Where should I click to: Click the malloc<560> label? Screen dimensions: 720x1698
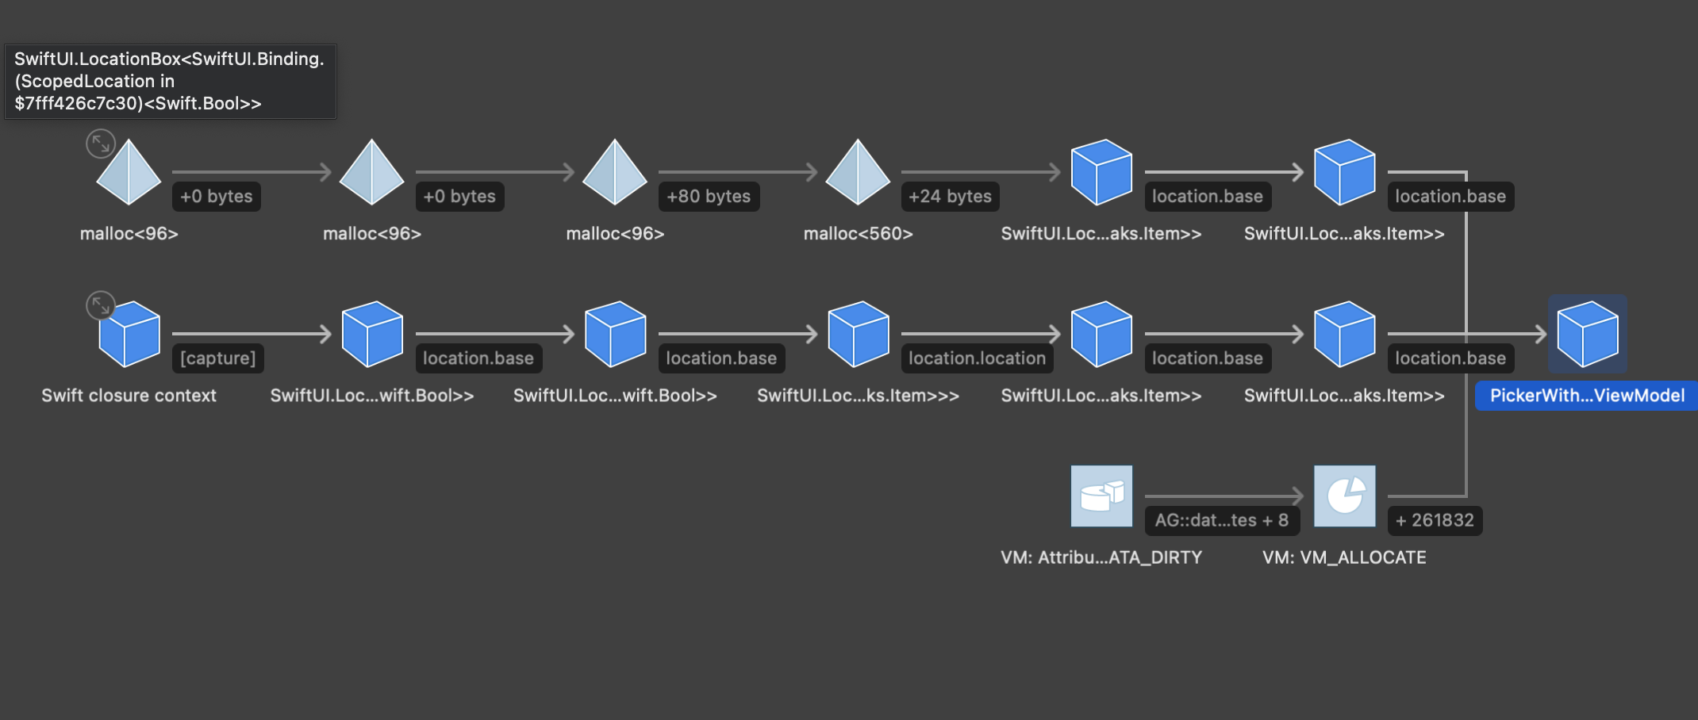[x=858, y=234]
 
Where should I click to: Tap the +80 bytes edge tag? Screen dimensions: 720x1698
[x=709, y=197]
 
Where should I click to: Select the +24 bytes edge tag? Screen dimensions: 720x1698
[x=950, y=197]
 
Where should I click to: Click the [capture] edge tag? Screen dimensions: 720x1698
[x=217, y=358]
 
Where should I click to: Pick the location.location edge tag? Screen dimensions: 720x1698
[x=977, y=358]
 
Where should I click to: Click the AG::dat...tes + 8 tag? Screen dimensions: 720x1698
[x=1221, y=520]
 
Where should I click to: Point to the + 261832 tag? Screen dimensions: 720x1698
[x=1435, y=520]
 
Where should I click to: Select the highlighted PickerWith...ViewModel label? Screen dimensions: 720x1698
[x=1587, y=396]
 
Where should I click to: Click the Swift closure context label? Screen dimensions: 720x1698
[x=129, y=396]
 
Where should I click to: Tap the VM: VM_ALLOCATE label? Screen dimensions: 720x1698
[x=1344, y=557]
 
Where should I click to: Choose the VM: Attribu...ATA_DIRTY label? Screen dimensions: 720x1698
[x=1101, y=557]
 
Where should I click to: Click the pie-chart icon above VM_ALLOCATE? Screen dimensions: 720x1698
[x=1345, y=496]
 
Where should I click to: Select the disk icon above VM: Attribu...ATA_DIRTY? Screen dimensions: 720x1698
[x=1101, y=496]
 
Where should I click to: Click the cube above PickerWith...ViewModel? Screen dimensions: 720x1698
[x=1588, y=334]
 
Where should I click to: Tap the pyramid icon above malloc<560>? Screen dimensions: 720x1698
[x=858, y=172]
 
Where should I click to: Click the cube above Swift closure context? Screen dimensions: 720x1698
[x=129, y=334]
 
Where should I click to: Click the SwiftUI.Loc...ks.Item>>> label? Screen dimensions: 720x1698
[x=858, y=396]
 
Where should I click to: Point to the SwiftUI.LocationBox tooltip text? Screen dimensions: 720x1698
[x=170, y=81]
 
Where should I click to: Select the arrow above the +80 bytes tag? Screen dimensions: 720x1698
[x=737, y=172]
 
